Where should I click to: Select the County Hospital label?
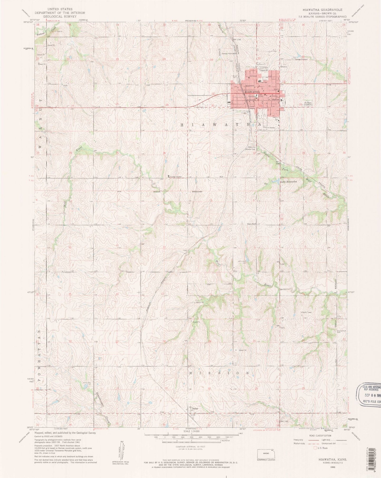(x=176, y=176)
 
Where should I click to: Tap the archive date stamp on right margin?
(x=369, y=393)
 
